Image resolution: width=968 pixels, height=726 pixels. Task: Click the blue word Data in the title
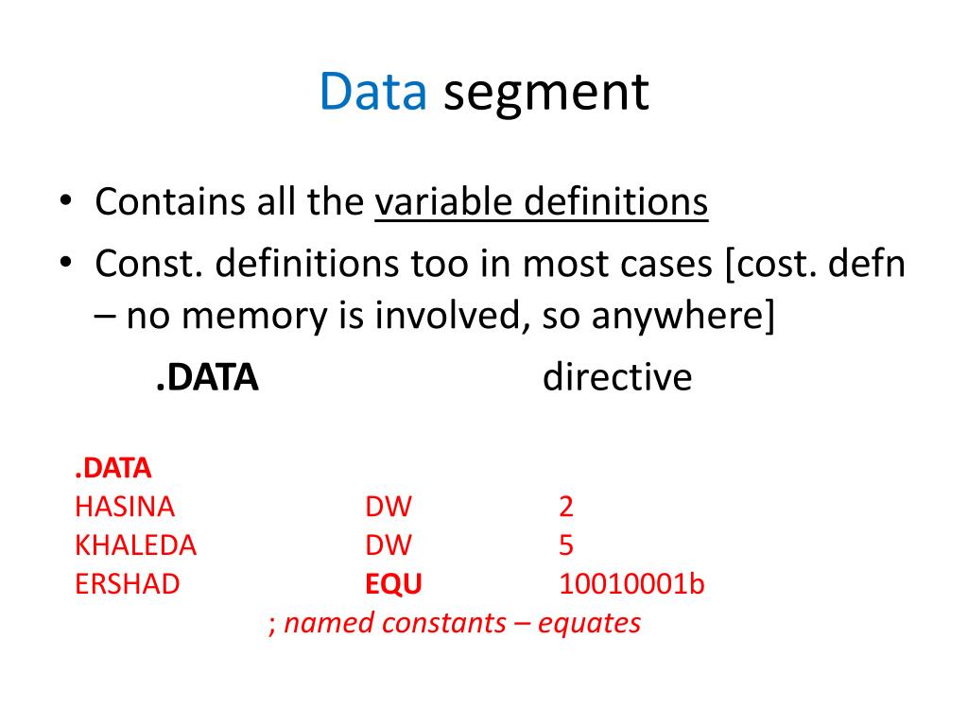pyautogui.click(x=373, y=92)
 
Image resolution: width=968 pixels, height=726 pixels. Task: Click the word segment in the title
pyautogui.click(x=546, y=94)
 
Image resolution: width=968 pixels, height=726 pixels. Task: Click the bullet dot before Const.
pyautogui.click(x=65, y=266)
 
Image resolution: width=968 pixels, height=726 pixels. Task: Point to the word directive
pyautogui.click(x=617, y=378)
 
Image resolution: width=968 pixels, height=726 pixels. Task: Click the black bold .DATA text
pyautogui.click(x=207, y=378)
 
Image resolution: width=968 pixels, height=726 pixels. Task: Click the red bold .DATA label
pyautogui.click(x=112, y=469)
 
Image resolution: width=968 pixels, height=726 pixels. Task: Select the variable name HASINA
pyautogui.click(x=125, y=507)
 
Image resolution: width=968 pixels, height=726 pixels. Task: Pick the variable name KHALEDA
pyautogui.click(x=135, y=545)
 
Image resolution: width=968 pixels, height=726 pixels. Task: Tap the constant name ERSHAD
pyautogui.click(x=127, y=584)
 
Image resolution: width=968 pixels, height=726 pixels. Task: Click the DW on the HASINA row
pyautogui.click(x=389, y=507)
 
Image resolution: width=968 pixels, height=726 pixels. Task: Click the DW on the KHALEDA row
pyautogui.click(x=389, y=545)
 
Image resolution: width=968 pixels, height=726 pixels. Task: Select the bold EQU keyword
pyautogui.click(x=393, y=584)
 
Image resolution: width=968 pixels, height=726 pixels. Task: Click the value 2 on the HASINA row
pyautogui.click(x=566, y=507)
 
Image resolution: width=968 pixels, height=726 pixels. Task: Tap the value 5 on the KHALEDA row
pyautogui.click(x=566, y=545)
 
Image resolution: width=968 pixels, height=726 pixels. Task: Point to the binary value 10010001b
pyautogui.click(x=631, y=584)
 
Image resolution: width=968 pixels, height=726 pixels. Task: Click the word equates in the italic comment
pyautogui.click(x=590, y=624)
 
